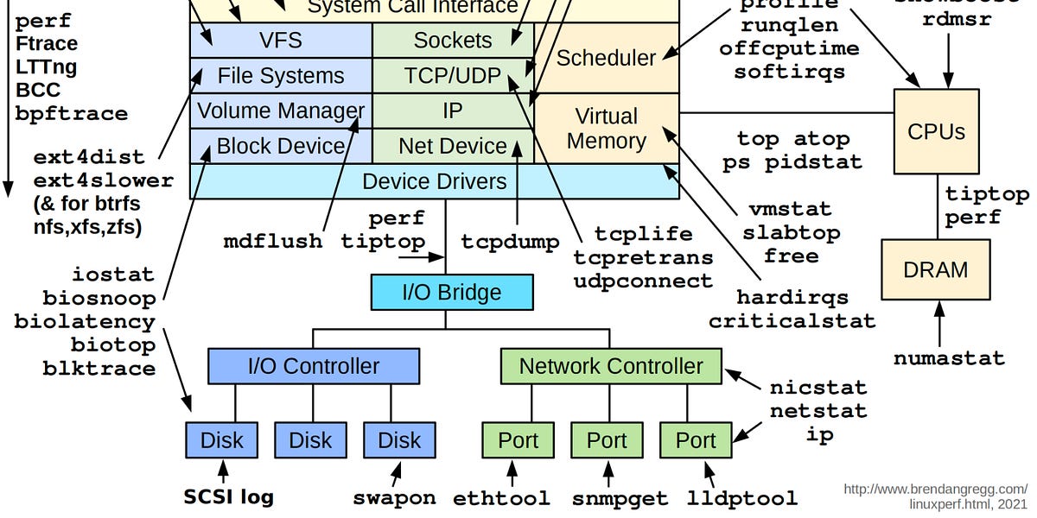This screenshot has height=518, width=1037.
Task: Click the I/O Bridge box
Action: click(x=451, y=292)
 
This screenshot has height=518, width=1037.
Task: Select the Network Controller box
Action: click(x=610, y=366)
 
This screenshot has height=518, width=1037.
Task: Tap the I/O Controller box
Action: click(x=313, y=366)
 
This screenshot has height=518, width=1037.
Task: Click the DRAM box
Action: click(x=935, y=269)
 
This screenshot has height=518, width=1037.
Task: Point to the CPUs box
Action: click(x=935, y=131)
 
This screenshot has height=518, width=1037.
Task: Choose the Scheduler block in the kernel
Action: click(x=606, y=58)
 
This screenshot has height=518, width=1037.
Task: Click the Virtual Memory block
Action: click(x=606, y=129)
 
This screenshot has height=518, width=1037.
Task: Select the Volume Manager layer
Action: click(x=281, y=111)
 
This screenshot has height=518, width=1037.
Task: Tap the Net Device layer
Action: click(x=452, y=146)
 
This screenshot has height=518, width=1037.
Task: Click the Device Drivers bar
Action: click(x=434, y=181)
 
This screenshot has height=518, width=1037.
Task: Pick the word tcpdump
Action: click(x=510, y=241)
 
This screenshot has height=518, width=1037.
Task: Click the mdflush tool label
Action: click(x=272, y=241)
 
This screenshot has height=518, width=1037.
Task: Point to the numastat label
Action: click(x=949, y=357)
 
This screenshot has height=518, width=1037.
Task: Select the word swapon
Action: click(x=394, y=498)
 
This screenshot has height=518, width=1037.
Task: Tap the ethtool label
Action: click(x=501, y=498)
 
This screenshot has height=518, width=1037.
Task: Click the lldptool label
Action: click(x=742, y=498)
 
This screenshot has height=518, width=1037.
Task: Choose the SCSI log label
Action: click(x=229, y=496)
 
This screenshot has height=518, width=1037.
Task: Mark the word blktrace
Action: click(x=99, y=369)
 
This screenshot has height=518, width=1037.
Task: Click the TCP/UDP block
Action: click(x=452, y=76)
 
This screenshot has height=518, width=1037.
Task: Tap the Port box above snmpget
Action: click(x=607, y=440)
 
